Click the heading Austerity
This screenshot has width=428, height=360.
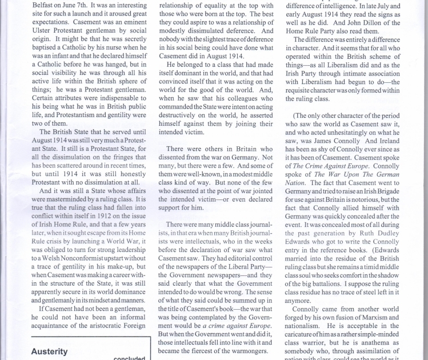point(50,351)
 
